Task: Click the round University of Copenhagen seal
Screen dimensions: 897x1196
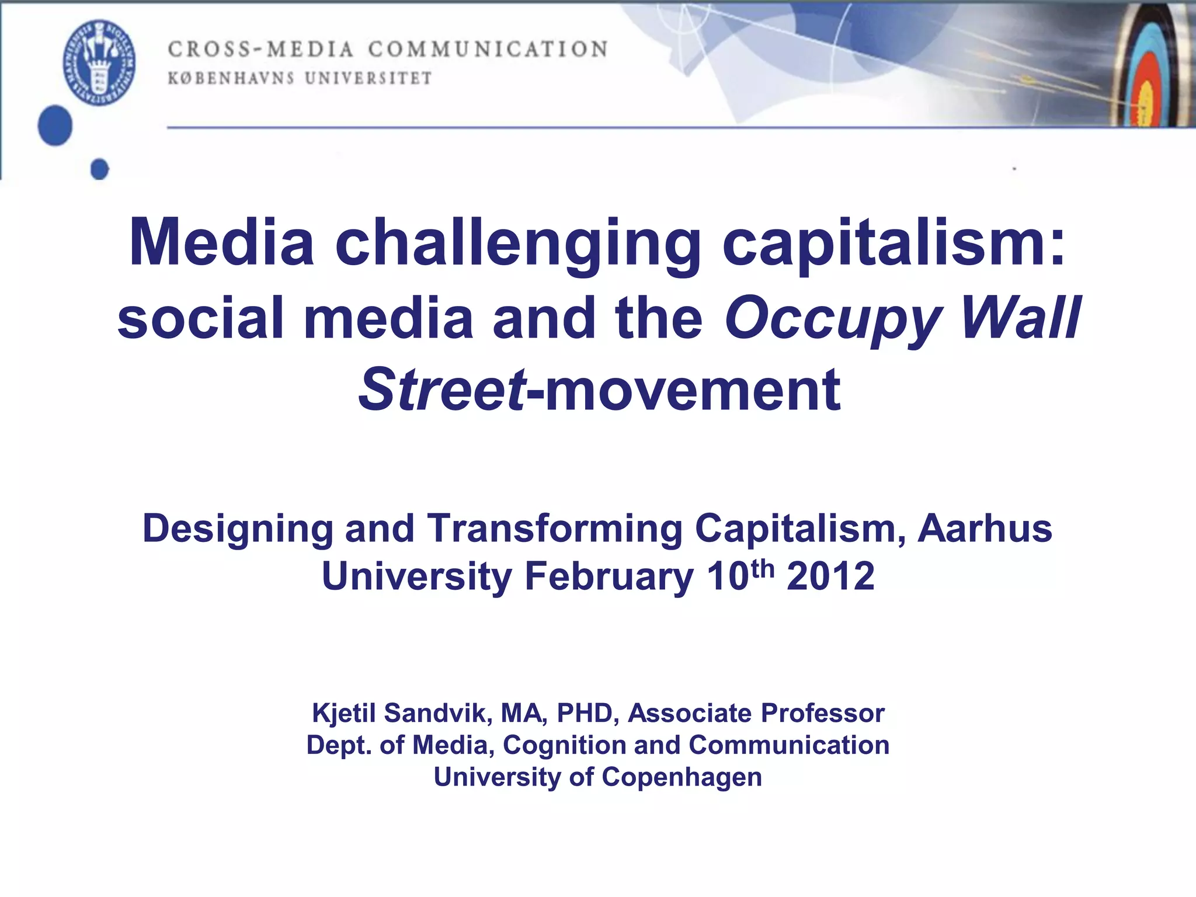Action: coord(99,62)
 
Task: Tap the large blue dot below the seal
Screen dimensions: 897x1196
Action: coord(55,126)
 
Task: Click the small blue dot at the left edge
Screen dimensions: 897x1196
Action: coord(100,169)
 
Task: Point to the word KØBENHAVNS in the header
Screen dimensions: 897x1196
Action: coord(231,78)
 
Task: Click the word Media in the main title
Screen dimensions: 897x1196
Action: coord(222,242)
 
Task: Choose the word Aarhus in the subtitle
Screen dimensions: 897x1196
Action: coord(985,529)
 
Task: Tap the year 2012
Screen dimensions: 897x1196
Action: coord(830,577)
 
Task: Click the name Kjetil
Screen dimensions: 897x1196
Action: coord(344,714)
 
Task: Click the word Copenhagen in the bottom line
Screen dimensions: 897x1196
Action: coord(682,778)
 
